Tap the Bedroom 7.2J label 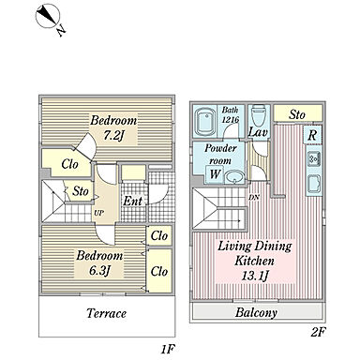[x=113, y=128]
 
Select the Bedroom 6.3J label [x=99, y=263]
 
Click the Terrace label [x=106, y=313]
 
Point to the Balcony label [x=256, y=312]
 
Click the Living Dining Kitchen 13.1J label [x=255, y=261]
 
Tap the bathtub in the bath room [x=205, y=123]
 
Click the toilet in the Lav [x=259, y=115]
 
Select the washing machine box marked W [x=215, y=174]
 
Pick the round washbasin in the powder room [x=234, y=177]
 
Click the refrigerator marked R [x=312, y=135]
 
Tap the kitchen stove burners [x=313, y=159]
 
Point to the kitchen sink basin [x=314, y=184]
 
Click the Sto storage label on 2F [x=297, y=114]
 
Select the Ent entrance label [x=132, y=201]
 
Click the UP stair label [x=98, y=214]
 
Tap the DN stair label [x=254, y=198]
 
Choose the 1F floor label [x=168, y=350]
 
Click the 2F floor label [x=318, y=333]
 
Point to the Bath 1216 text [x=231, y=114]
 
